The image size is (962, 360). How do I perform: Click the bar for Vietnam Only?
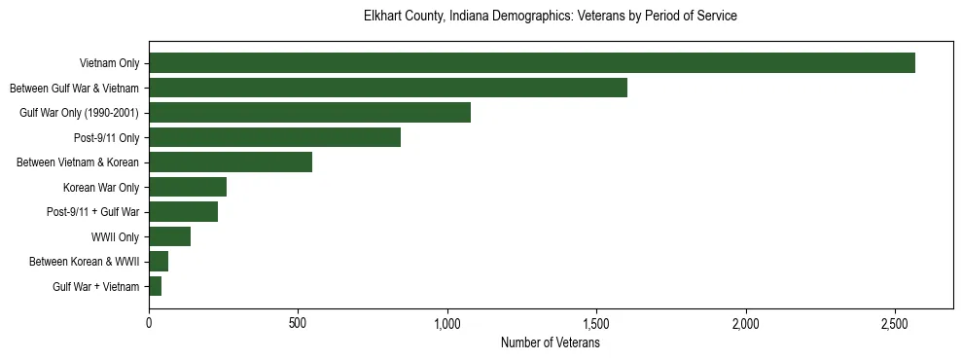(531, 63)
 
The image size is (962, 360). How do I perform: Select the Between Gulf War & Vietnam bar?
(387, 89)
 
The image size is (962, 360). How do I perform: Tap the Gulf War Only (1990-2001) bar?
(309, 113)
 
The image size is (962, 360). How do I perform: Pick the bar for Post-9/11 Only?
(274, 138)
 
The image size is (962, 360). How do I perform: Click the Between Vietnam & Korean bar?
(231, 162)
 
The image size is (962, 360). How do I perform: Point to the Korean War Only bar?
(188, 187)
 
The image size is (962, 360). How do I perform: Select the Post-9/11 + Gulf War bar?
(183, 212)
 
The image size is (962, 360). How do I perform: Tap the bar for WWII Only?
(169, 236)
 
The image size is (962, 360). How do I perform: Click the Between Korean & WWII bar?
(159, 262)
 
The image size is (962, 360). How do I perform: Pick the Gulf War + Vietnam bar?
(155, 286)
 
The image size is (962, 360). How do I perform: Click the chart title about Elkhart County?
(551, 17)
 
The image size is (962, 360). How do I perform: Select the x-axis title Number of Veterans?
(551, 343)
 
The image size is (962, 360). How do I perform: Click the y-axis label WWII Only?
(115, 236)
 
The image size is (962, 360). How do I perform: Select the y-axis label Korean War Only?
(101, 187)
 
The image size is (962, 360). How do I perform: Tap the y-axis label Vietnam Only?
(109, 63)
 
